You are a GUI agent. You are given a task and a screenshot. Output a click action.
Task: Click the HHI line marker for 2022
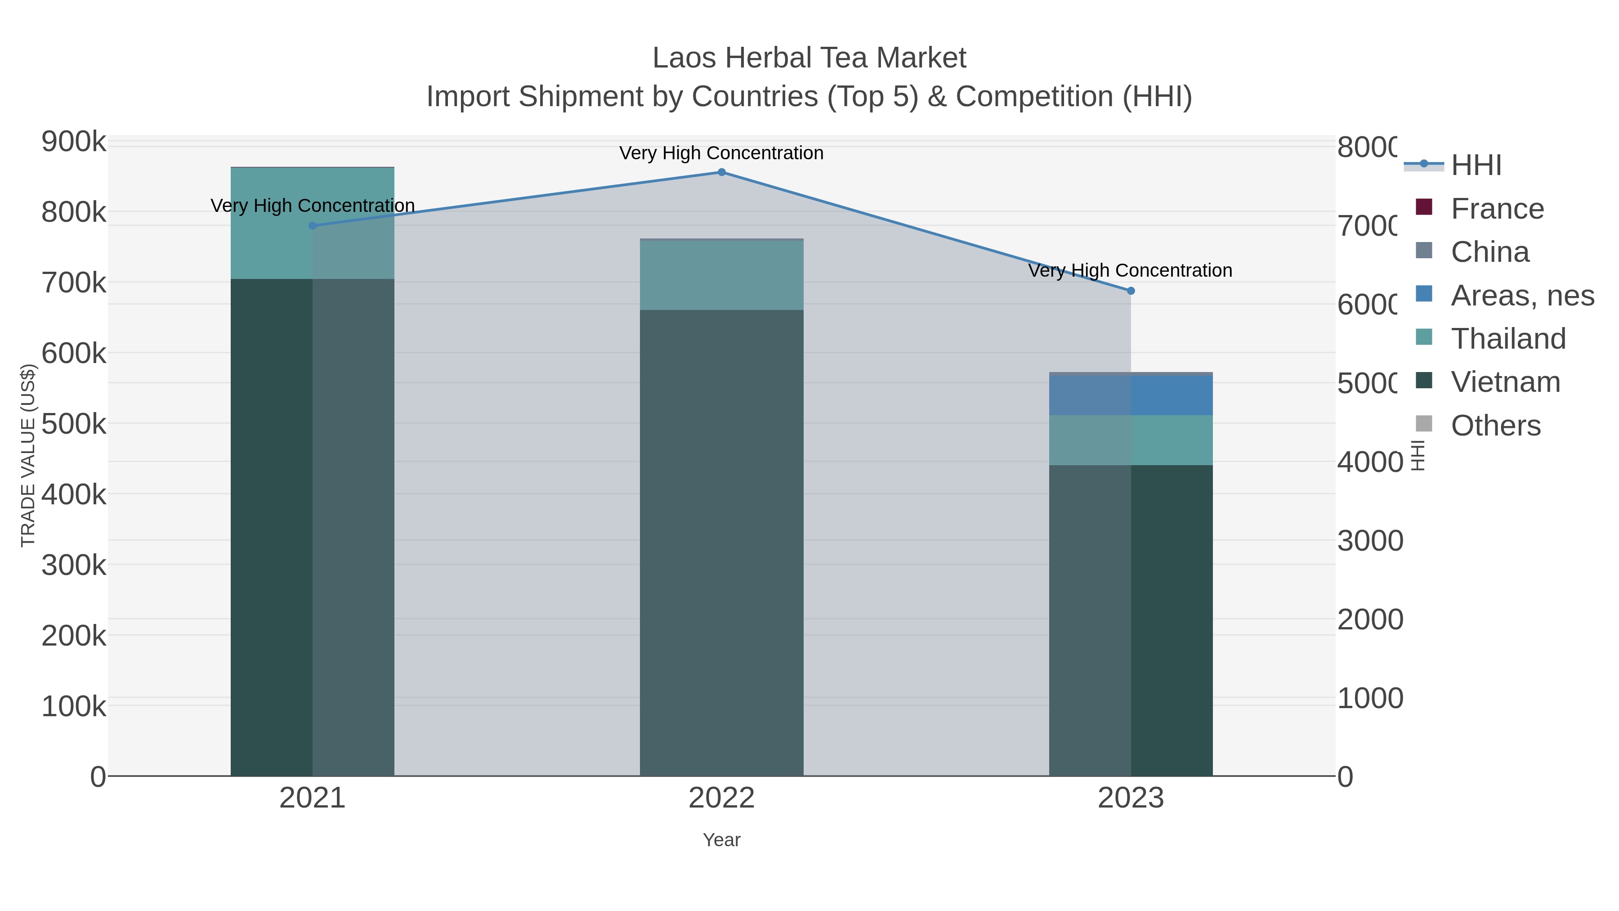coord(721,172)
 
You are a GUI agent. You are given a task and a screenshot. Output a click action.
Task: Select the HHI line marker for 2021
coord(313,226)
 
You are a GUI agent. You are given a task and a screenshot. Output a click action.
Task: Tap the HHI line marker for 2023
coord(1131,291)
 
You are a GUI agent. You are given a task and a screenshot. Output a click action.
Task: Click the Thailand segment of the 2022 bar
coord(721,275)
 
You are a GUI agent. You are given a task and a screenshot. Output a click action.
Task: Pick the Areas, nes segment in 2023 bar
coord(1131,395)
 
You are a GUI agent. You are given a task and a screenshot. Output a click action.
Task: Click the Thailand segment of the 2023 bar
coord(1131,440)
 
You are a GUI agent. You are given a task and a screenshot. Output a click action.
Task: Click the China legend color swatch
coord(1423,250)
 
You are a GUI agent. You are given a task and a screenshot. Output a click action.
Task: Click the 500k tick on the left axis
coord(74,424)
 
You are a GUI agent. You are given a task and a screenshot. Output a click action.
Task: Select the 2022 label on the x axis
coord(721,799)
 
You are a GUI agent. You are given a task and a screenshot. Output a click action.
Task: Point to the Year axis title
coord(721,840)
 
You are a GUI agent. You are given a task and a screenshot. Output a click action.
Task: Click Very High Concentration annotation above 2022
coord(721,153)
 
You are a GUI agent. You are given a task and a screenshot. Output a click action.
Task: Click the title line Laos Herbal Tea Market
coord(809,58)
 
